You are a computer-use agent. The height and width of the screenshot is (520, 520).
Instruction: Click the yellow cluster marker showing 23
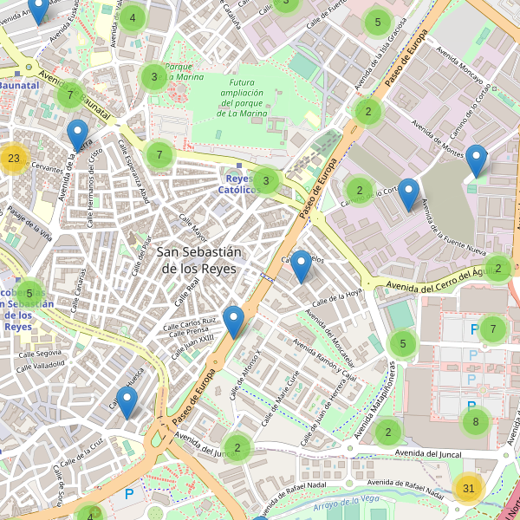click(x=13, y=159)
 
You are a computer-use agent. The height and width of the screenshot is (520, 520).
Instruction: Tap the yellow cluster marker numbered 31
click(x=469, y=489)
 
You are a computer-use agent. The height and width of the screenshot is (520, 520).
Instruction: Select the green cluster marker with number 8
click(x=475, y=422)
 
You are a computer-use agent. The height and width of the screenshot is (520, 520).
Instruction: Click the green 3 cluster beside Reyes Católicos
click(x=266, y=182)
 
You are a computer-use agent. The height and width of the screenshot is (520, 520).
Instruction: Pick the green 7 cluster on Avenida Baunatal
click(x=69, y=94)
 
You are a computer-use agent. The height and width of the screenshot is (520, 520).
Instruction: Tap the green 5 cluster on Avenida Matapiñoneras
click(x=403, y=344)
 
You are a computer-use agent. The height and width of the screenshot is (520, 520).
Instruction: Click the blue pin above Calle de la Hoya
click(x=301, y=266)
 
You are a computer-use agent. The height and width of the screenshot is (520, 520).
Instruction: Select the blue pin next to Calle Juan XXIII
click(x=233, y=322)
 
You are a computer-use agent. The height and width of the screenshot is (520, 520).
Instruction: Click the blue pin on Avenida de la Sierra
click(x=78, y=135)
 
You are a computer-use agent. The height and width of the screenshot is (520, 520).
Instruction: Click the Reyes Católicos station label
click(x=236, y=183)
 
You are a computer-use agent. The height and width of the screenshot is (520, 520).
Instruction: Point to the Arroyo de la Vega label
click(x=347, y=500)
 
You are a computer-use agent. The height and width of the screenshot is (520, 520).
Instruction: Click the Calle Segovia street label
click(x=36, y=353)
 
